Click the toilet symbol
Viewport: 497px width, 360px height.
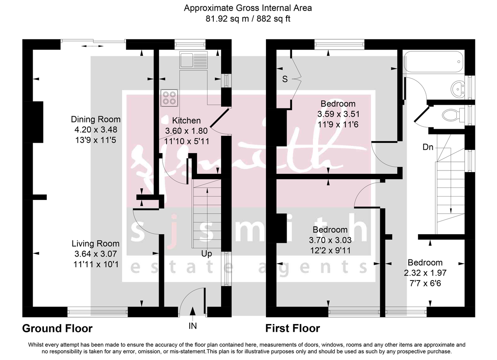tap(450, 114)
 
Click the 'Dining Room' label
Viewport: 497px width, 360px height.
tap(96, 120)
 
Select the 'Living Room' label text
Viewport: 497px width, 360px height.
tap(95, 244)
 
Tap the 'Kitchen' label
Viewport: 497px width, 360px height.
tap(186, 121)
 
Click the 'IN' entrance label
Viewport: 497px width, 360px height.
tap(193, 326)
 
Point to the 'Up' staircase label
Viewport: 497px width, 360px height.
tap(207, 254)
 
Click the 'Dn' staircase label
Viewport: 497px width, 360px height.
tap(428, 147)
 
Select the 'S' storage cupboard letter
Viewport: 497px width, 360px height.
tap(285, 79)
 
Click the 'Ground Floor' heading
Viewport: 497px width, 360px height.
tap(57, 329)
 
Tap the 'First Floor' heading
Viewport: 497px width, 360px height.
tap(292, 329)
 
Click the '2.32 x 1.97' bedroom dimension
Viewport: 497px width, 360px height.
tap(425, 273)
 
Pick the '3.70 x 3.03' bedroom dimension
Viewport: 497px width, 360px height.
tap(330, 240)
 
